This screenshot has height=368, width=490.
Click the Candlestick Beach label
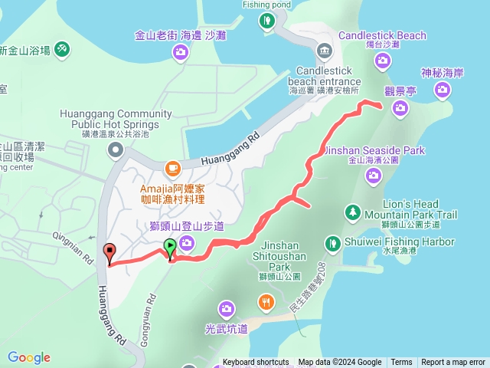point(381,35)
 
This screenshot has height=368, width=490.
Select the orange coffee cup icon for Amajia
point(172,166)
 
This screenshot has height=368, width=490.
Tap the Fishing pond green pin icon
point(267,21)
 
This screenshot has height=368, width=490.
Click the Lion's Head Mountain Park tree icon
point(352,211)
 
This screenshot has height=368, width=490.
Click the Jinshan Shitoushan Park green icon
point(332,243)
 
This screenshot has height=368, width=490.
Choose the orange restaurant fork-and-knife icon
point(266,301)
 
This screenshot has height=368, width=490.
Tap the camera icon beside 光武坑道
point(226,309)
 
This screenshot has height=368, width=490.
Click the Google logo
point(29,357)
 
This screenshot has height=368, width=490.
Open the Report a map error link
point(453,363)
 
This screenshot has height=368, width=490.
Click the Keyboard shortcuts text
point(256,363)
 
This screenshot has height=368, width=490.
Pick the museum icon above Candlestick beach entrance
point(324,51)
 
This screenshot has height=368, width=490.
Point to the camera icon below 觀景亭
point(400,108)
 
